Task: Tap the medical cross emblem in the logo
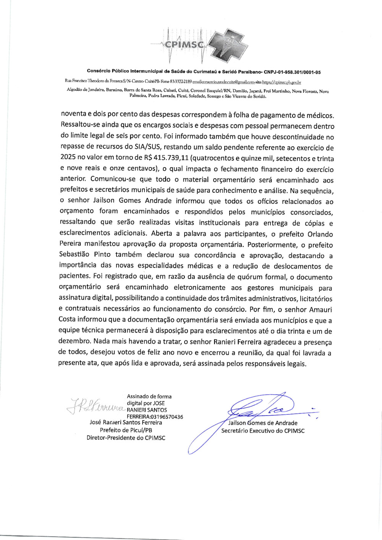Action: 228,45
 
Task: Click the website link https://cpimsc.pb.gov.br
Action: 282,82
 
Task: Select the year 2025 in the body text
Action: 68,157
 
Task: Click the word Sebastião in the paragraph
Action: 74,255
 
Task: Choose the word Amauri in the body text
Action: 320,309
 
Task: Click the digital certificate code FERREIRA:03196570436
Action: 155,417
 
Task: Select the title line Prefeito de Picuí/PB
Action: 126,430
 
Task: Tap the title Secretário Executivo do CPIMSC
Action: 263,431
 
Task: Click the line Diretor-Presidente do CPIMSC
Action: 126,438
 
